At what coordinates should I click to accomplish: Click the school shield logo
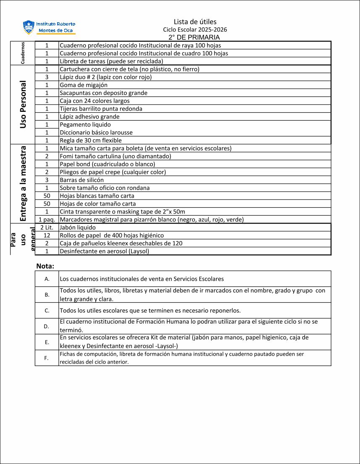click(x=29, y=27)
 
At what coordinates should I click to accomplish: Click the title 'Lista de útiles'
click(x=195, y=22)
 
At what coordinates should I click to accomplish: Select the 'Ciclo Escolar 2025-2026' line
click(x=195, y=30)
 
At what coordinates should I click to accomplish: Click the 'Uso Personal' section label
click(x=23, y=105)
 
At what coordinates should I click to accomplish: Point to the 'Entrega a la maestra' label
click(x=23, y=184)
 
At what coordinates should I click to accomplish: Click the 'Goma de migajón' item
click(x=84, y=85)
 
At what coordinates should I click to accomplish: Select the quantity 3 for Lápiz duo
click(x=47, y=77)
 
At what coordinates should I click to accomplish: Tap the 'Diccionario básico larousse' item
click(x=96, y=132)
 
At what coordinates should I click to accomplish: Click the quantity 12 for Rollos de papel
click(x=47, y=235)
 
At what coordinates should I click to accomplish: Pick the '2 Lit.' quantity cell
click(x=47, y=227)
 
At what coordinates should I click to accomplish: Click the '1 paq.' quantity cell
click(x=47, y=219)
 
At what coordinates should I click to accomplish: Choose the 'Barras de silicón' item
click(x=81, y=180)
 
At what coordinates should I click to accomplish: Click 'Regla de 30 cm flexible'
click(x=91, y=140)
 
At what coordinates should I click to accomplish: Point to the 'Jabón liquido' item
click(x=78, y=227)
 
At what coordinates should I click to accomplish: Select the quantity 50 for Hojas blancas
click(x=47, y=196)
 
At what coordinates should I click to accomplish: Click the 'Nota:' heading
click(x=45, y=266)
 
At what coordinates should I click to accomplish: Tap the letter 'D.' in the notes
click(x=47, y=326)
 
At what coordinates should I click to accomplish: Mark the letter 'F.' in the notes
click(x=47, y=358)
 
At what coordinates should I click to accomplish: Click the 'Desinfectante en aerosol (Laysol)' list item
click(x=104, y=251)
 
